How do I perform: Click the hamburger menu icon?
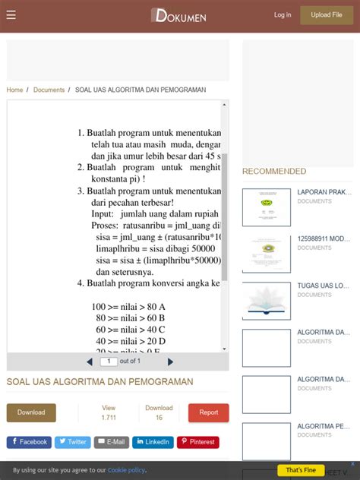tap(11, 15)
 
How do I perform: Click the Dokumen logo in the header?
tap(178, 15)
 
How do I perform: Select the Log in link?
tap(283, 15)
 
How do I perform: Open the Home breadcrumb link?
tap(14, 90)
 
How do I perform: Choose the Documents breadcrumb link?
tap(49, 90)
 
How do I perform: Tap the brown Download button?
tap(31, 412)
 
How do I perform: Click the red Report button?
tap(208, 412)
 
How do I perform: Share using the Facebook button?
tap(29, 442)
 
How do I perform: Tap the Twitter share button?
tap(72, 442)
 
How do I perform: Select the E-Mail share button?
tap(111, 442)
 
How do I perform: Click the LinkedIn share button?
tap(153, 442)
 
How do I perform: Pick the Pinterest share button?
tap(197, 442)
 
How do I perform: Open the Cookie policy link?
tap(126, 470)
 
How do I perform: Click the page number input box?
tap(109, 362)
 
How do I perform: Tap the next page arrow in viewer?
tap(170, 362)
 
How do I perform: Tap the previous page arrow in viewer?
tap(90, 362)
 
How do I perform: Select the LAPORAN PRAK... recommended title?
tap(324, 192)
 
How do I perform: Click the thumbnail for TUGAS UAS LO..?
tap(266, 301)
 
